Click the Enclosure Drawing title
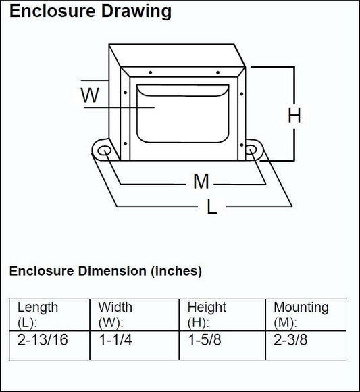[x=91, y=11]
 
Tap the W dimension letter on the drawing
[x=90, y=95]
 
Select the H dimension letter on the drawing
[x=294, y=116]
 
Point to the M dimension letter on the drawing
[x=201, y=181]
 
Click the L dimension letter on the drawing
[x=212, y=207]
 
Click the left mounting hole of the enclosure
[x=105, y=151]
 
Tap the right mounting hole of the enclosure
[x=251, y=150]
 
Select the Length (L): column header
[x=37, y=315]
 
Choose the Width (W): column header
[x=115, y=315]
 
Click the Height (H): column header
[x=207, y=315]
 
